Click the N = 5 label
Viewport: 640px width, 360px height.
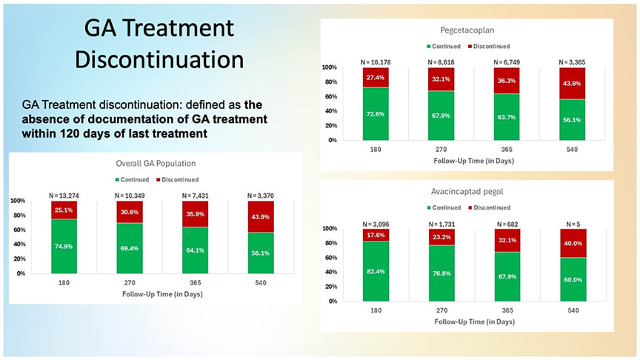[574, 222]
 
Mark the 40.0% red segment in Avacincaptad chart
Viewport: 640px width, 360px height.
[574, 242]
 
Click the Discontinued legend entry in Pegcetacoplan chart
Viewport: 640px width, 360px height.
[490, 47]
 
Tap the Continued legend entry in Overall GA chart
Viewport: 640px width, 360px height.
[133, 179]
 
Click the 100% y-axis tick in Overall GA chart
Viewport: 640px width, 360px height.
[17, 201]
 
